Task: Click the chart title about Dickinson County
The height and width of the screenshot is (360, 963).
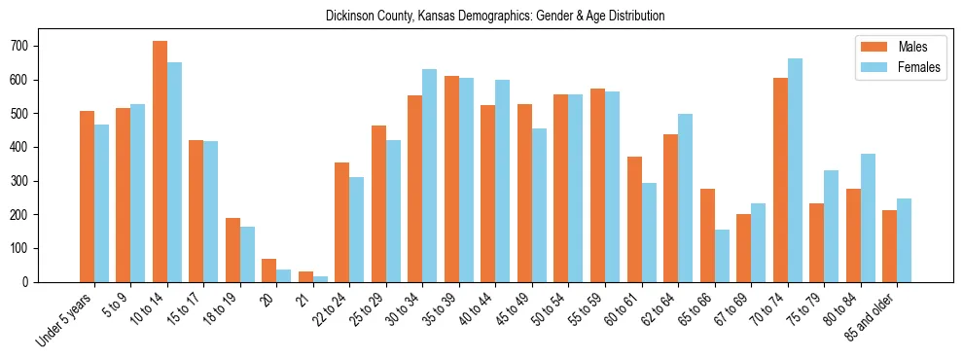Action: click(481, 17)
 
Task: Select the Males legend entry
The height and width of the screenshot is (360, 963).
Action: click(900, 47)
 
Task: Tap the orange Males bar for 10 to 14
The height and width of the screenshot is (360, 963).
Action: click(160, 162)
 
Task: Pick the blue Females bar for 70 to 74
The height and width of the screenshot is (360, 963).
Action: click(795, 170)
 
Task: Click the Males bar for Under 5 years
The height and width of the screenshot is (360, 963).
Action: click(87, 197)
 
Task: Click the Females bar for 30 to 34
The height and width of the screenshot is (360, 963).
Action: click(430, 175)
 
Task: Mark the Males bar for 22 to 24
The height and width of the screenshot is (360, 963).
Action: click(342, 222)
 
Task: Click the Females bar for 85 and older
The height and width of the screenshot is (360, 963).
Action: click(904, 240)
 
